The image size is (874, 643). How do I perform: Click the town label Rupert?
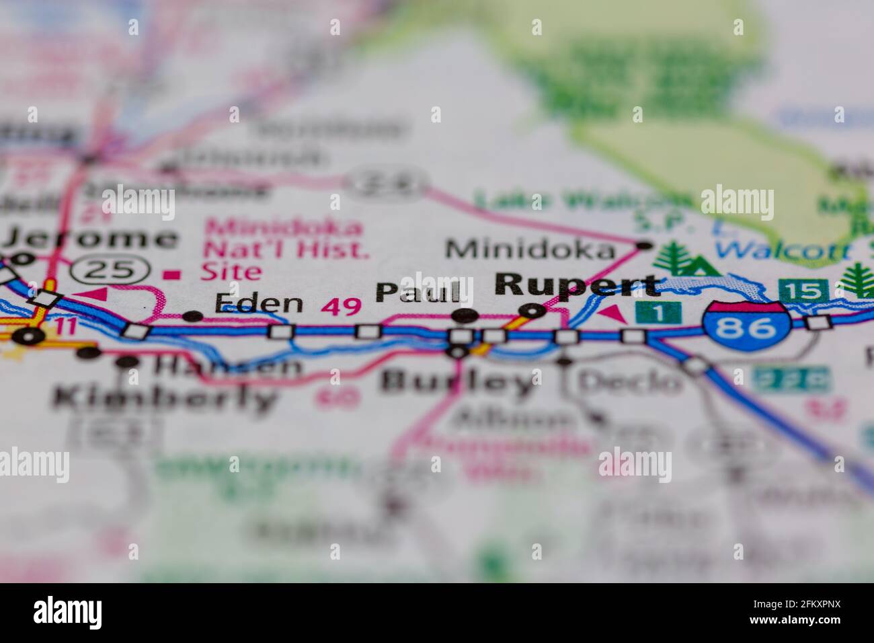click(x=577, y=285)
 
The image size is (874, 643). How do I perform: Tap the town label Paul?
click(x=418, y=291)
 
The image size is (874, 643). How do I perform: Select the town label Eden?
click(x=259, y=303)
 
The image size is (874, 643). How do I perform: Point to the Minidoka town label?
click(x=530, y=250)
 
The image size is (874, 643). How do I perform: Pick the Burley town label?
click(x=456, y=382)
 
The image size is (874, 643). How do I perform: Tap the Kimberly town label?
click(x=165, y=398)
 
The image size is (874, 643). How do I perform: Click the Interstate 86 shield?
click(x=746, y=328)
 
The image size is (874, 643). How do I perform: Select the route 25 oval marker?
click(x=112, y=270)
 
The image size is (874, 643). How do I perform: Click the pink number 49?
click(x=341, y=307)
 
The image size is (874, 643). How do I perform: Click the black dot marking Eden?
click(x=193, y=315)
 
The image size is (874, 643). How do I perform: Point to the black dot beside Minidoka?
click(x=645, y=245)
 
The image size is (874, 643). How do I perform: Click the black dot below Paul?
click(x=465, y=315)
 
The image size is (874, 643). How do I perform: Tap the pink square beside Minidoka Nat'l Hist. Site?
click(x=173, y=274)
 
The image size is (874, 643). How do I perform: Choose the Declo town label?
click(x=629, y=382)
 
